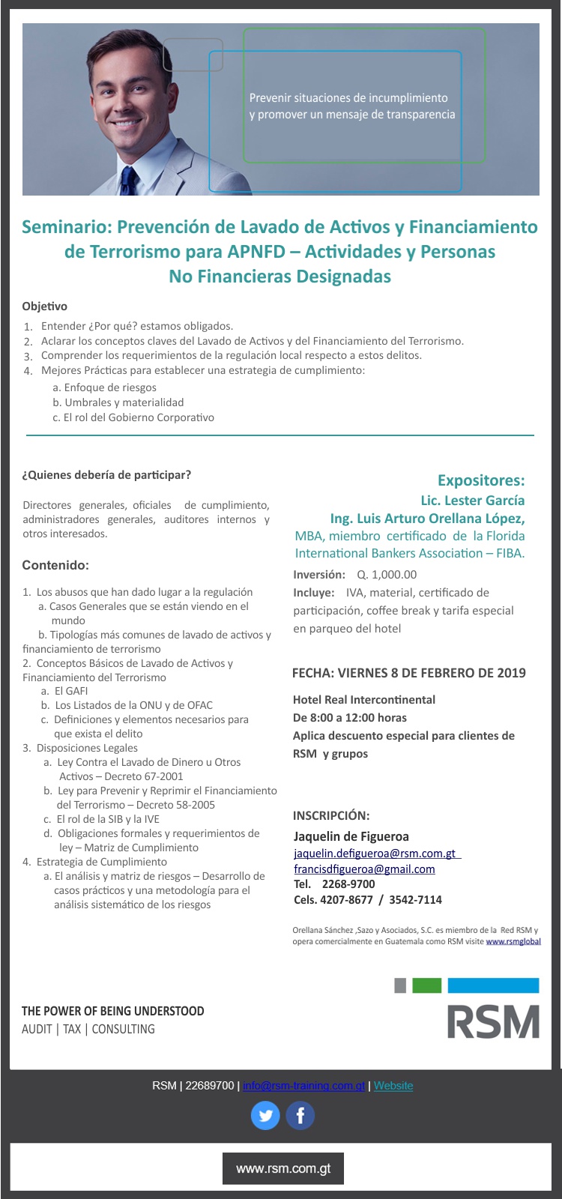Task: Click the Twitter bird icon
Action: pyautogui.click(x=265, y=1115)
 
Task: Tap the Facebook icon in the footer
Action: pyautogui.click(x=300, y=1115)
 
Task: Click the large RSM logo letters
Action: pyautogui.click(x=493, y=1021)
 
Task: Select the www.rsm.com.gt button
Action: pyautogui.click(x=283, y=1168)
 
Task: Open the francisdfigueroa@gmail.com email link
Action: pyautogui.click(x=364, y=869)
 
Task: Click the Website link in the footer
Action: pyautogui.click(x=393, y=1085)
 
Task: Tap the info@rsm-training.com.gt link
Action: pyautogui.click(x=303, y=1085)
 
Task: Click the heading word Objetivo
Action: pyautogui.click(x=44, y=306)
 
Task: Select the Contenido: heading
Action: pyautogui.click(x=55, y=565)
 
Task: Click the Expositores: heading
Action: pyautogui.click(x=481, y=480)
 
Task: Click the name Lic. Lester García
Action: pyautogui.click(x=472, y=500)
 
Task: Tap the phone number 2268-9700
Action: pyautogui.click(x=348, y=884)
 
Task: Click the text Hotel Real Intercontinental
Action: pyautogui.click(x=364, y=699)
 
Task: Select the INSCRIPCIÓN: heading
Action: pyautogui.click(x=331, y=815)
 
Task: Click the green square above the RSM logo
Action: pyautogui.click(x=426, y=985)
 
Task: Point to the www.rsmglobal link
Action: pyautogui.click(x=513, y=941)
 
